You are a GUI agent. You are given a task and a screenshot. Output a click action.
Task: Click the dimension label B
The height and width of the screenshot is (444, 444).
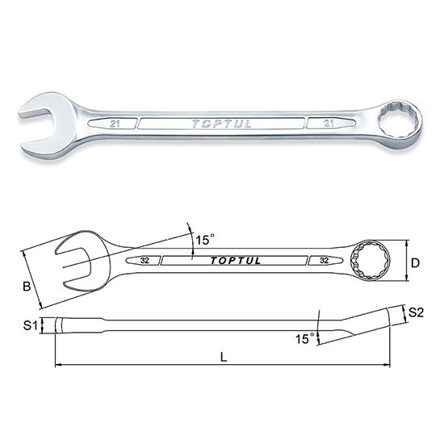pos(27,287)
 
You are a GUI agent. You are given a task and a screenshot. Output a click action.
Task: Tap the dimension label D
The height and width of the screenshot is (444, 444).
pos(415,263)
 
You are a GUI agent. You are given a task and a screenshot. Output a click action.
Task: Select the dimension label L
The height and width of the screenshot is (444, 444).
pos(224,358)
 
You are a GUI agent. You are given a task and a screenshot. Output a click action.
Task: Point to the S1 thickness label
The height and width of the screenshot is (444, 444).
pos(31,325)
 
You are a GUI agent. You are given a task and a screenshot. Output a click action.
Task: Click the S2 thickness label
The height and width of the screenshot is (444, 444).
pos(416,312)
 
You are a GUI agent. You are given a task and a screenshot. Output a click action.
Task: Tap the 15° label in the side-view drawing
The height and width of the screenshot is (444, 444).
pos(304,338)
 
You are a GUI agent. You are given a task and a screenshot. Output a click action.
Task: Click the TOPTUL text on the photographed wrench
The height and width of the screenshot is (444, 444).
pos(222,124)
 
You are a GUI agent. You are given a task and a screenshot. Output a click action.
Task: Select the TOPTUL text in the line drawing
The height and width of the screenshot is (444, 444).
pos(235,261)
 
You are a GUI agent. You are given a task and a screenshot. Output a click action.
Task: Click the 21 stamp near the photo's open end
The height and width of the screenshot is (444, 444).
pos(115,124)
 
